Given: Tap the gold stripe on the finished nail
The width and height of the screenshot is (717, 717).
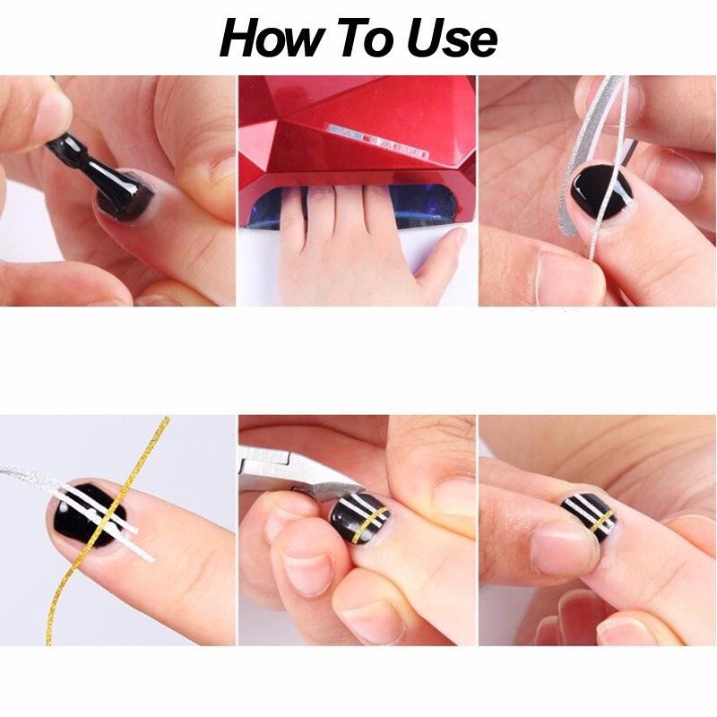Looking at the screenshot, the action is point(600,522).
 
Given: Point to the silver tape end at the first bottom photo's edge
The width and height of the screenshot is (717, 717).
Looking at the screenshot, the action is point(18,472).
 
